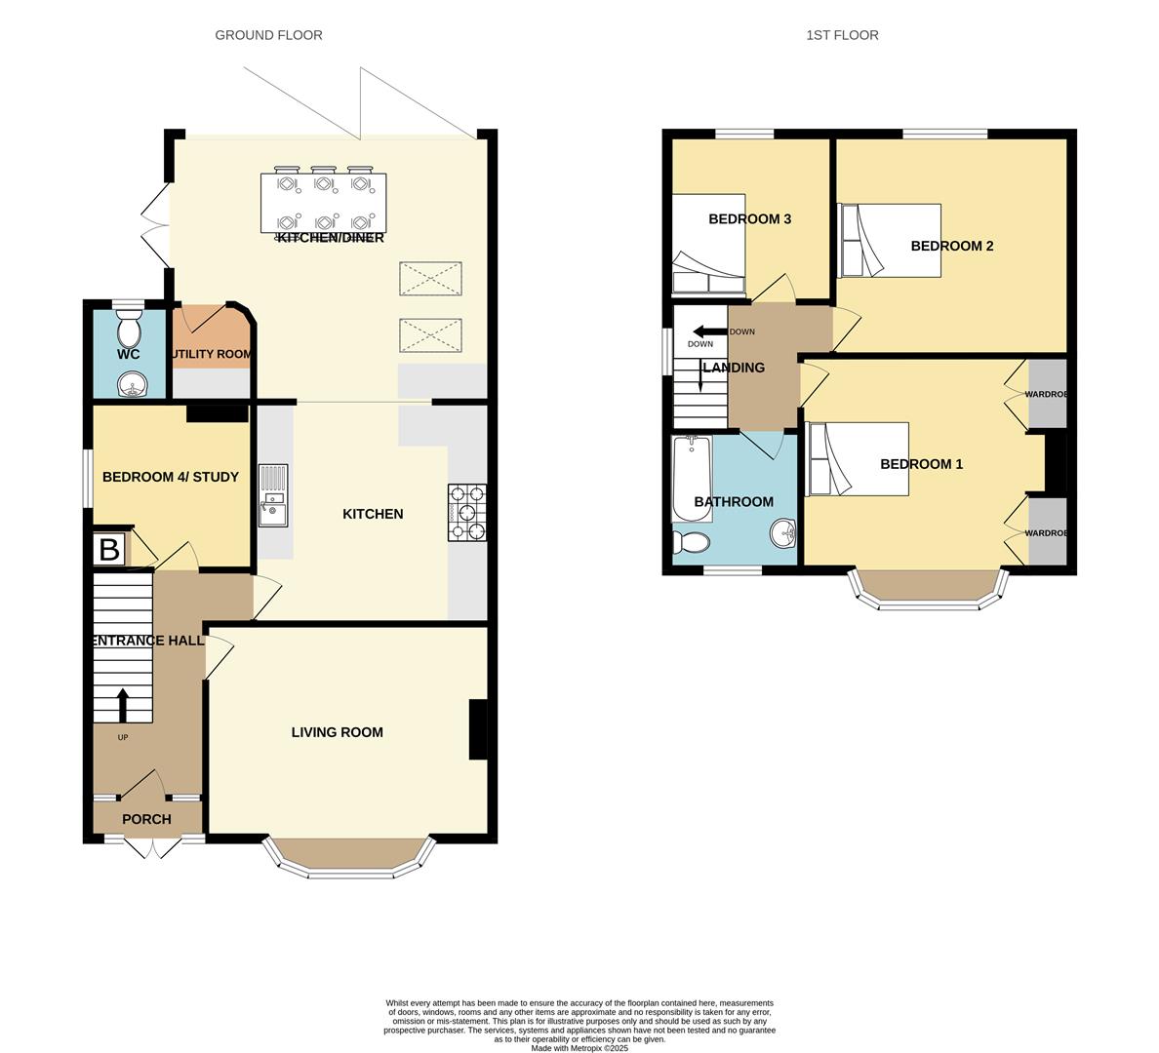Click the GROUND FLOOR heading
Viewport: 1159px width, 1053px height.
pyautogui.click(x=268, y=35)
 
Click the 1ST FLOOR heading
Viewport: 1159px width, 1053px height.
pyautogui.click(x=842, y=35)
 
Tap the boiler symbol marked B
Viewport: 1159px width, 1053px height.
pyautogui.click(x=109, y=550)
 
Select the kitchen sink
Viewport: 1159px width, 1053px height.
pyautogui.click(x=273, y=495)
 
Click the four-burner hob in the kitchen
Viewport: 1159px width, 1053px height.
pyautogui.click(x=467, y=512)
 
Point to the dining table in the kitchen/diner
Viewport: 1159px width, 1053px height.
pyautogui.click(x=323, y=203)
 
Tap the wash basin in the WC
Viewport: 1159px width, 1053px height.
pyautogui.click(x=129, y=386)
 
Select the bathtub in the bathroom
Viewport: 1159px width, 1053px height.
pyautogui.click(x=692, y=479)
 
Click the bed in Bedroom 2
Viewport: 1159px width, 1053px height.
pyautogui.click(x=890, y=240)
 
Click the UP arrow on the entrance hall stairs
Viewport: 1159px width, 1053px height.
pyautogui.click(x=123, y=704)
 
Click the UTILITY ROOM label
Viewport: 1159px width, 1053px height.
pyautogui.click(x=213, y=354)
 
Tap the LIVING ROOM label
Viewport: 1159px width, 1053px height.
pyautogui.click(x=337, y=732)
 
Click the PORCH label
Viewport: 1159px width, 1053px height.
pyautogui.click(x=146, y=819)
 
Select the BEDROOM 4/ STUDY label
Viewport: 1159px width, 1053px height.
pyautogui.click(x=170, y=477)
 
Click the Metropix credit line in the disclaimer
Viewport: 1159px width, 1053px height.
pyautogui.click(x=579, y=1048)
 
